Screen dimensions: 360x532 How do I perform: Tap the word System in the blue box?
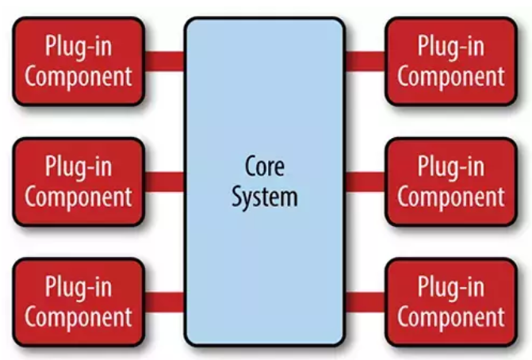(x=264, y=197)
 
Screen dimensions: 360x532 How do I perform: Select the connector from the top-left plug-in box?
(x=164, y=61)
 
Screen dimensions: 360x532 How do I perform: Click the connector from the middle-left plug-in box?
(x=164, y=182)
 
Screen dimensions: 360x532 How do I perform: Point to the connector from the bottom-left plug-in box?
(x=164, y=302)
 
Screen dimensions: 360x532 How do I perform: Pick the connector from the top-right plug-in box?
(x=365, y=61)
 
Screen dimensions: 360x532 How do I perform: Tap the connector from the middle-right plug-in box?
(x=365, y=182)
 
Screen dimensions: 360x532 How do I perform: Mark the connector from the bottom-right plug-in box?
(x=365, y=302)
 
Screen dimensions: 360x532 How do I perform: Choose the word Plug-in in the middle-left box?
(x=78, y=168)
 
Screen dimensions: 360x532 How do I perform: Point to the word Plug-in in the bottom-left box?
(x=78, y=288)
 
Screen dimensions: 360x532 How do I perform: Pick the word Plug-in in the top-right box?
(x=450, y=47)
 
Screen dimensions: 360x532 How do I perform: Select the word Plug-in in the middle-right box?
(x=450, y=168)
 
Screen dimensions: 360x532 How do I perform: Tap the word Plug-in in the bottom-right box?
(x=450, y=288)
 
